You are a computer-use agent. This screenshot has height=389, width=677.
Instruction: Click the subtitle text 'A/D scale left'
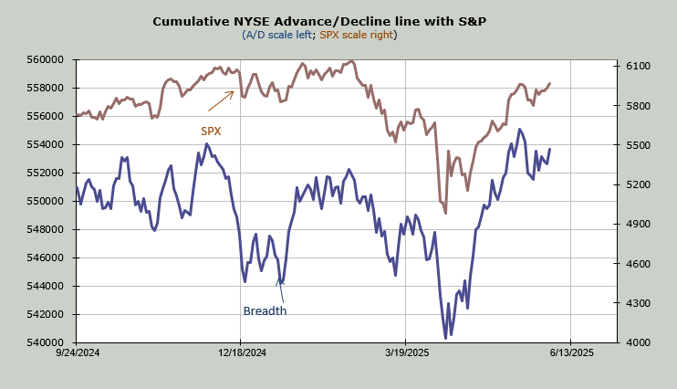tap(277, 35)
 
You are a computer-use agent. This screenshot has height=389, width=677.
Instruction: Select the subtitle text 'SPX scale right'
tap(357, 35)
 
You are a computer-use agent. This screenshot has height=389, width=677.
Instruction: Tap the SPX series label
tap(211, 131)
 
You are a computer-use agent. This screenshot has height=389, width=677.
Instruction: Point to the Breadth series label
tap(265, 310)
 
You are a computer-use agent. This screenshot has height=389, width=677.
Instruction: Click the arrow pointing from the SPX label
tap(221, 100)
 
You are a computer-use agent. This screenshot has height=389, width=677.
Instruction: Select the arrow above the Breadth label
tap(281, 289)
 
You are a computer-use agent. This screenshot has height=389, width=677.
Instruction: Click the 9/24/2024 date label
tap(78, 352)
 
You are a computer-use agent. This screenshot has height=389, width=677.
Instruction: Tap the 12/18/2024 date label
tap(240, 352)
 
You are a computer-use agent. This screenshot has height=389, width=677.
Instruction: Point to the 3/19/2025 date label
tap(406, 352)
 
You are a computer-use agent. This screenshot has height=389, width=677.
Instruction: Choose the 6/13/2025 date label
tap(570, 352)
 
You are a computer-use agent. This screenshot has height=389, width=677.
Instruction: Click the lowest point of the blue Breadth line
tap(445, 338)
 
